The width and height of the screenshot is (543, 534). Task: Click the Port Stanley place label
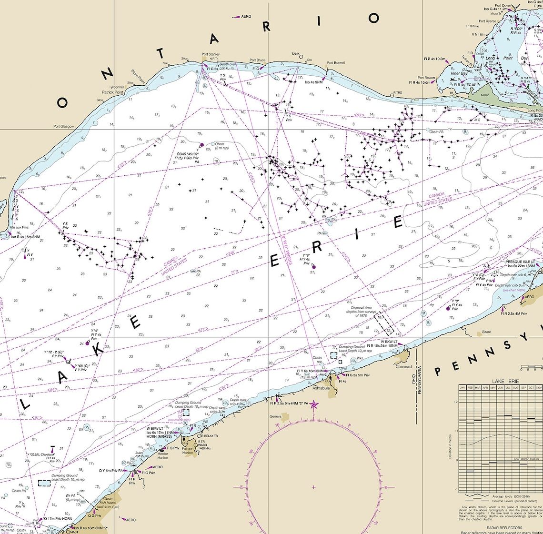click(211, 54)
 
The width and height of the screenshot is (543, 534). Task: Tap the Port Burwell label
click(336, 62)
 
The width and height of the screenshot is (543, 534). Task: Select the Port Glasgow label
click(63, 126)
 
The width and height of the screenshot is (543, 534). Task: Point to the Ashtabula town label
click(321, 388)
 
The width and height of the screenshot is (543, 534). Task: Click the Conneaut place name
click(403, 366)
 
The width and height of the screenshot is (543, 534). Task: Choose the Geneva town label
click(275, 416)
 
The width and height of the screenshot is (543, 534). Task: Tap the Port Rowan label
click(426, 78)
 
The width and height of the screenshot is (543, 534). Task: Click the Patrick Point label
click(112, 92)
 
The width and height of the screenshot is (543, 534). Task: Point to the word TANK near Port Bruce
click(296, 54)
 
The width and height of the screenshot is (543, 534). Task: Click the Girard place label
click(486, 332)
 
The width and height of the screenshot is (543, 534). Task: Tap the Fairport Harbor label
click(188, 451)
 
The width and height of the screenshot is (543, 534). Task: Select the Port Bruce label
click(258, 60)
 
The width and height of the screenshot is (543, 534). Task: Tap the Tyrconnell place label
click(117, 87)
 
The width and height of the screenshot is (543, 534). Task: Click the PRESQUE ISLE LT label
click(520, 262)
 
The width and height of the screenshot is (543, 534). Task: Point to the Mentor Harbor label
click(162, 456)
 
